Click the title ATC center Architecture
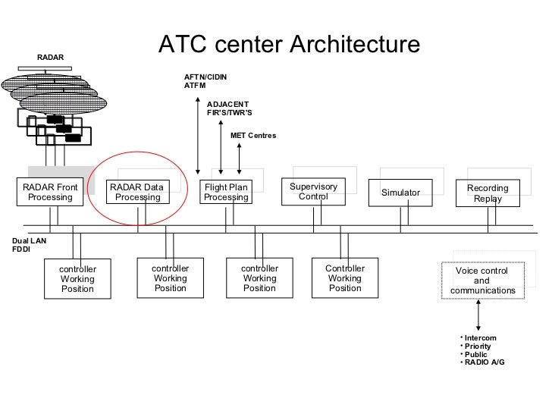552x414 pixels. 288,45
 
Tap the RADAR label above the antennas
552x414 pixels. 51,58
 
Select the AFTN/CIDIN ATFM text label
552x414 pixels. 205,82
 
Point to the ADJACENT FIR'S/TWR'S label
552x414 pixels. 229,108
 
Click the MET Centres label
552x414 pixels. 253,135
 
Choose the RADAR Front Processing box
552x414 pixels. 50,193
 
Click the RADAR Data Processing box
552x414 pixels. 137,193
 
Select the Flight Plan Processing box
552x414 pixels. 226,193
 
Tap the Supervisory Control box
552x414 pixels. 313,191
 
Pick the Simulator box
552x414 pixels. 400,193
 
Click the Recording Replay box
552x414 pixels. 488,193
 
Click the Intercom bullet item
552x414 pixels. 481,337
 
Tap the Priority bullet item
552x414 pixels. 478,346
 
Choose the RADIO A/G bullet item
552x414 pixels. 484,362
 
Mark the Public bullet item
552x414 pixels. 476,354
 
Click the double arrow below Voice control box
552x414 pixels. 479,312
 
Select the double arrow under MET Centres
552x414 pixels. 239,158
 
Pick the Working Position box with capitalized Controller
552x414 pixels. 345,278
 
